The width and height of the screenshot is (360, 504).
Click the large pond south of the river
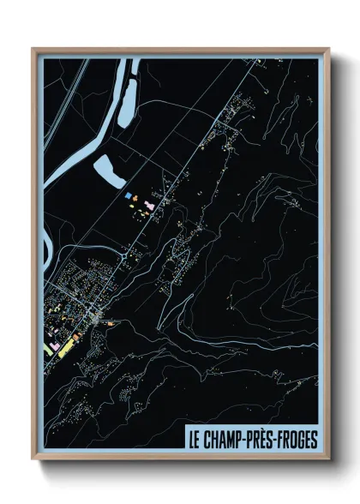coord(109,171)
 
